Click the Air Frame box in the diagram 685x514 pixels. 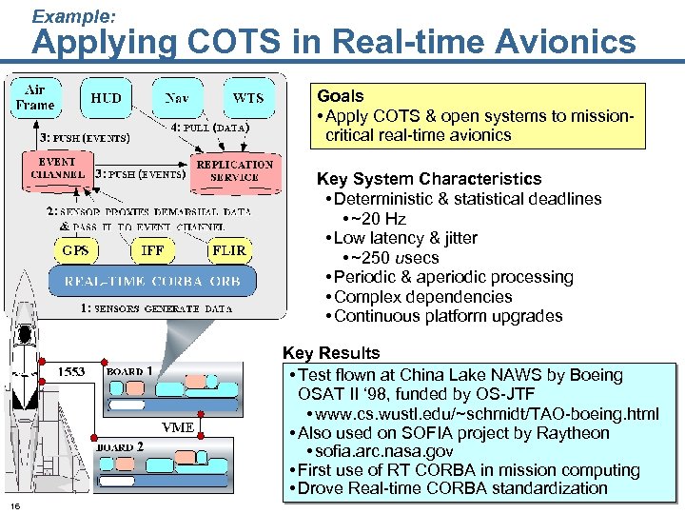(x=34, y=97)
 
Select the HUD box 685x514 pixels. (x=106, y=98)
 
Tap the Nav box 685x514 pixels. (x=176, y=98)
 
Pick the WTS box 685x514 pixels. (x=247, y=98)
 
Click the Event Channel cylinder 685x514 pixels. (x=58, y=169)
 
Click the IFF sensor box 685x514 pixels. (x=152, y=250)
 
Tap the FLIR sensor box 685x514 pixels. (x=228, y=250)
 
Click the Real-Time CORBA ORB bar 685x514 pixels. (x=158, y=281)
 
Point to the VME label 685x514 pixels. (x=178, y=427)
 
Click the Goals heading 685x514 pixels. (x=341, y=96)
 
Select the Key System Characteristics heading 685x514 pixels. (x=428, y=179)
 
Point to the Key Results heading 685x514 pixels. (x=331, y=354)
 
